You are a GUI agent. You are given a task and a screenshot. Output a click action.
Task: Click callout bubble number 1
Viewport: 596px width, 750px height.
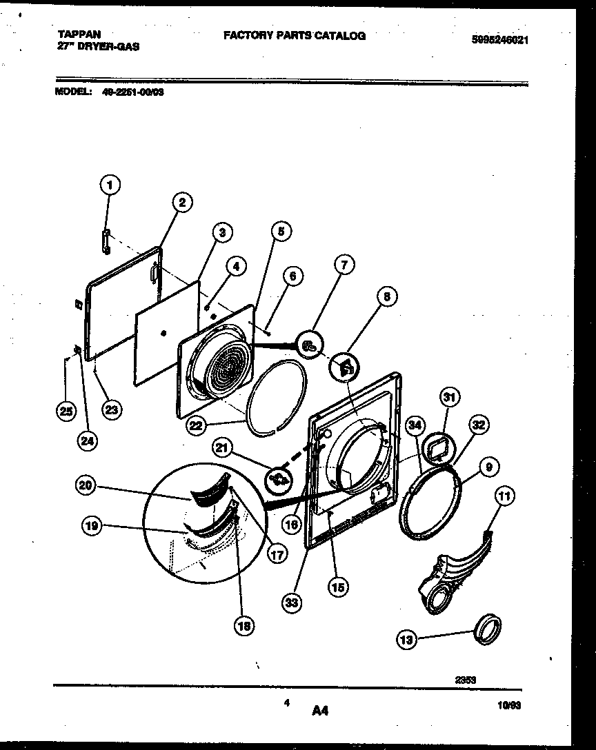[x=109, y=184]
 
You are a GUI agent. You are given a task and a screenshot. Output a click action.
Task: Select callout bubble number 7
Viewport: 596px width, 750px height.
[x=344, y=265]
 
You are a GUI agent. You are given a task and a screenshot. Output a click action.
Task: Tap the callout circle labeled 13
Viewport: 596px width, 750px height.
[x=407, y=640]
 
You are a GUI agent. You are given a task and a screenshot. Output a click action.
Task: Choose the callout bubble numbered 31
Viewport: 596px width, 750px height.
[x=450, y=398]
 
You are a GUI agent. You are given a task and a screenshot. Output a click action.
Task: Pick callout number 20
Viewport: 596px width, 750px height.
[x=85, y=486]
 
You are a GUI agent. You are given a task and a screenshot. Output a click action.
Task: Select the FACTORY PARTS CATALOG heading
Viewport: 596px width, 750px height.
[x=295, y=36]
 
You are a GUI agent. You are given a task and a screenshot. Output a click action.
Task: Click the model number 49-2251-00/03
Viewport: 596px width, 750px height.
[x=133, y=90]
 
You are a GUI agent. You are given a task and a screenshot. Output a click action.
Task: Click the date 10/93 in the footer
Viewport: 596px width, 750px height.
[x=508, y=705]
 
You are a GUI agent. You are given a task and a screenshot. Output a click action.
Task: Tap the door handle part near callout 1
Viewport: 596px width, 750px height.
[x=106, y=239]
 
